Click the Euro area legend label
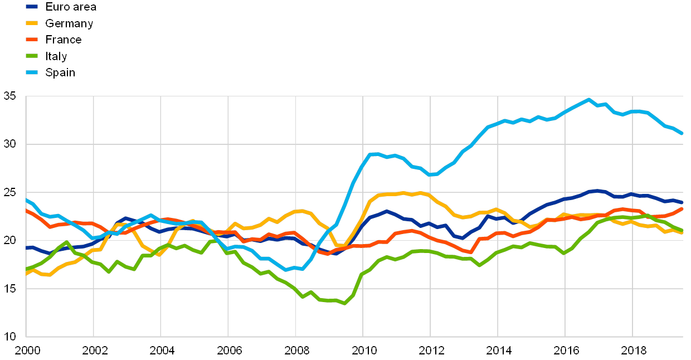[x=71, y=7]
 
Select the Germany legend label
[x=69, y=23]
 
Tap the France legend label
[x=64, y=40]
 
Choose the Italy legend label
[x=56, y=56]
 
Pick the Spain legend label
[x=60, y=72]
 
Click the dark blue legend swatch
[x=32, y=7]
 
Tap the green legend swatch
[x=32, y=56]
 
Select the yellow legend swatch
[x=32, y=23]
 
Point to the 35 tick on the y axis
[x=10, y=96]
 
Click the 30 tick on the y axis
[x=10, y=144]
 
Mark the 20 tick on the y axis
[x=10, y=241]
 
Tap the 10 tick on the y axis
[x=10, y=337]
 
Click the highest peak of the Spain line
[x=588, y=100]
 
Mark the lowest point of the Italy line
[x=345, y=303]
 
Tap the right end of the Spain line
[x=682, y=133]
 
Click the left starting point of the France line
[x=26, y=210]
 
